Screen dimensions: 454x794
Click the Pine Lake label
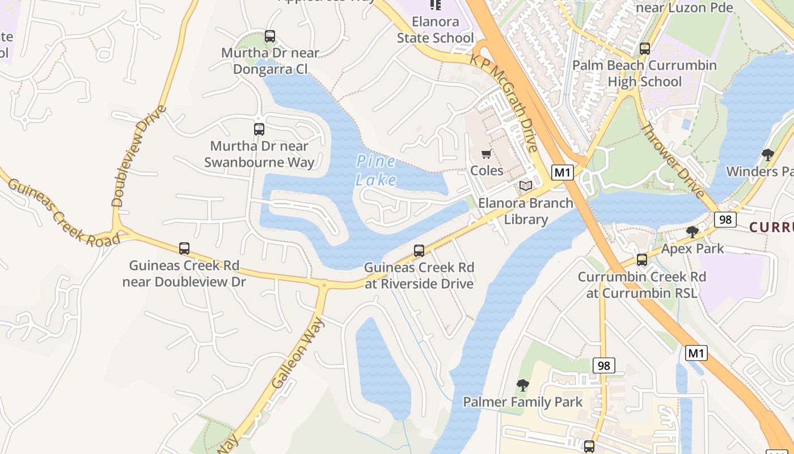(376, 170)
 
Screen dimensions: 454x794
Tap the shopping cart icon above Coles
(486, 154)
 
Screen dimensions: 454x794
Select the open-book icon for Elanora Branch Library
(526, 186)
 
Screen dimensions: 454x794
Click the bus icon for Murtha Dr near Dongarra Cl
(270, 36)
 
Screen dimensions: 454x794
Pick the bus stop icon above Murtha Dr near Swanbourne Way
(259, 129)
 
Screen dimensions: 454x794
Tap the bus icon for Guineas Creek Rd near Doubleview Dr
(184, 249)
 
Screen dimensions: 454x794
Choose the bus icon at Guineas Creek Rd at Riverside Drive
(419, 250)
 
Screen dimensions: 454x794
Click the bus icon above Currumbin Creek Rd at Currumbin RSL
(641, 260)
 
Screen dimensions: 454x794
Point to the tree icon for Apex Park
(692, 232)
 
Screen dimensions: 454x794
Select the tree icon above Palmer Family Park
(522, 385)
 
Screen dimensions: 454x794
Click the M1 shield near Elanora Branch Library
(562, 173)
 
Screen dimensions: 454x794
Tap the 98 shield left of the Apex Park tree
(725, 219)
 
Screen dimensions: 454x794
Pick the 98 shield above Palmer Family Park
(603, 365)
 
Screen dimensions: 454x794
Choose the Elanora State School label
(436, 30)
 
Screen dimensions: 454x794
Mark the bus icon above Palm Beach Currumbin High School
(644, 49)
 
